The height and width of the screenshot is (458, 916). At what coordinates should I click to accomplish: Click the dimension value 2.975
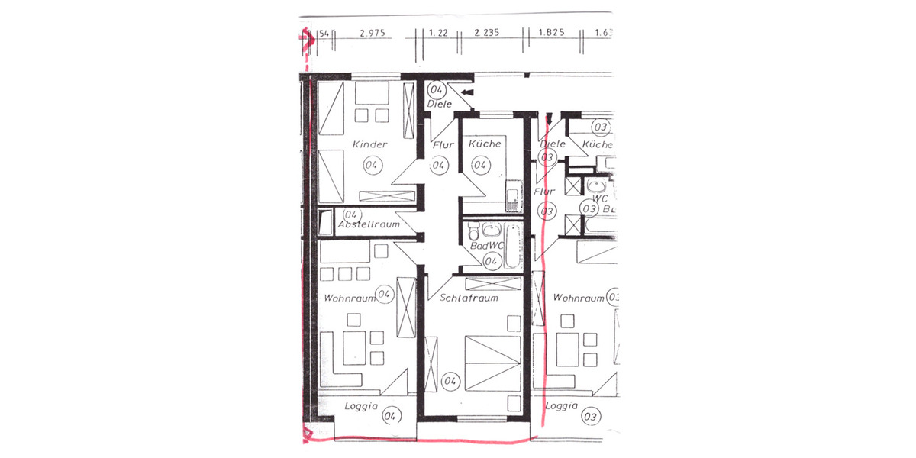(371, 34)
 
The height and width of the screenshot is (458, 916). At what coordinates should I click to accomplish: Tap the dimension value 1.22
(437, 34)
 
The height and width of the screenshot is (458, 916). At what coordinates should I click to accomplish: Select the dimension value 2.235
(486, 34)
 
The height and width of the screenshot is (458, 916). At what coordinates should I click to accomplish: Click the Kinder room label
(370, 144)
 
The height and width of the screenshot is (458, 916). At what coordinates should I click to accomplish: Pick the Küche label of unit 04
(485, 144)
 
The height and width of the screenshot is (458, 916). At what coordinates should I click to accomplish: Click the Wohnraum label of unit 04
(350, 298)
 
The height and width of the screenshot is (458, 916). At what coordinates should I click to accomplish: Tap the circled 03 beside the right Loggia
(589, 417)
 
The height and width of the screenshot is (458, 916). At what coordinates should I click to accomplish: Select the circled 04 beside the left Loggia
(390, 416)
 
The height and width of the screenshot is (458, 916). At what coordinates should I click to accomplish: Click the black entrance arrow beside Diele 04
(467, 92)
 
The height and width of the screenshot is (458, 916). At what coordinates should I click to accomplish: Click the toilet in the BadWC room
(473, 230)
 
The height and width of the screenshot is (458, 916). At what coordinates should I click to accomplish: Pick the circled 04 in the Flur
(439, 165)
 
